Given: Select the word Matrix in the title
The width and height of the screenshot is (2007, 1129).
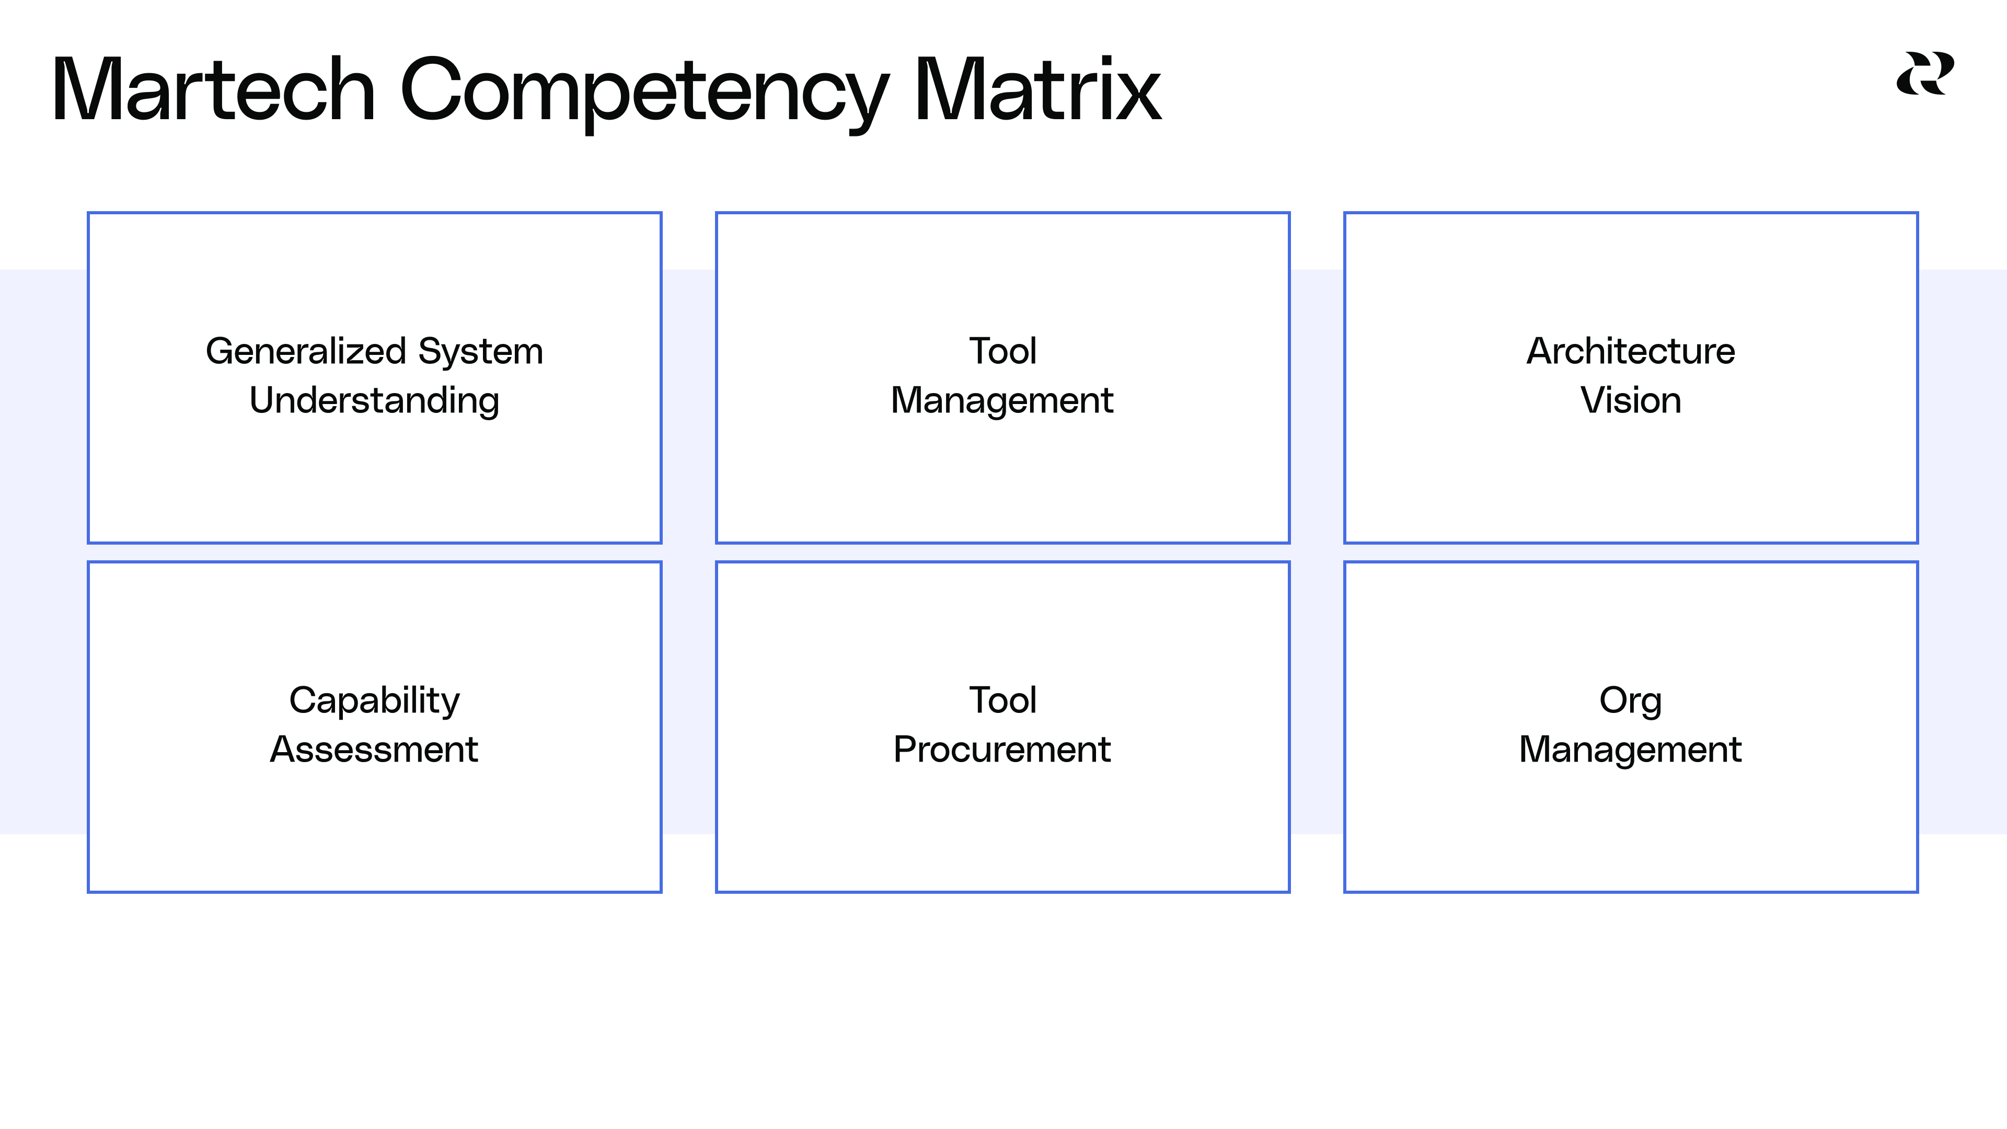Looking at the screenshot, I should (1037, 90).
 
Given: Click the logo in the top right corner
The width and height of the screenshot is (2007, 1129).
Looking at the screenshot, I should (1924, 74).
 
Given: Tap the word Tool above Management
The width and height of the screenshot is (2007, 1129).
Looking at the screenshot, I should (1003, 351).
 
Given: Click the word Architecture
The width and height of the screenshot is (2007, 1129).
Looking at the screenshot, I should (1631, 351).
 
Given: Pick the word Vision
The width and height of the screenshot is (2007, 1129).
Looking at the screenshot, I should (1631, 400).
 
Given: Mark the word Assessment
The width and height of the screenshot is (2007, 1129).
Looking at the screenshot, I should (374, 750).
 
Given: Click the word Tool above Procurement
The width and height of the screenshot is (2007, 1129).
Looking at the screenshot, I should (1003, 700).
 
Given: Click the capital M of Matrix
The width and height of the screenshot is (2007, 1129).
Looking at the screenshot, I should (945, 90).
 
